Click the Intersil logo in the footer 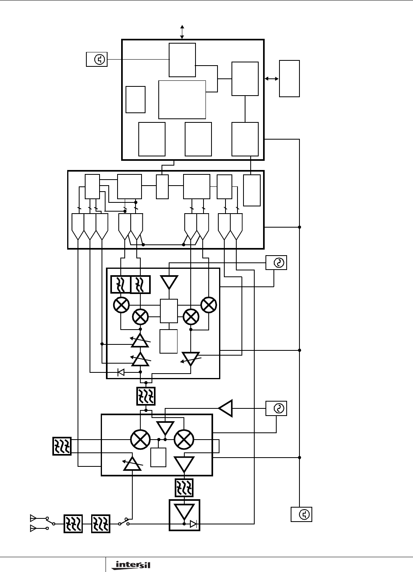click(x=130, y=565)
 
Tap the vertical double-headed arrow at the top click(x=182, y=32)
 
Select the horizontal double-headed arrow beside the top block click(x=272, y=79)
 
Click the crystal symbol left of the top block click(x=97, y=60)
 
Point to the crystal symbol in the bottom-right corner click(x=301, y=514)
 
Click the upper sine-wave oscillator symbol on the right click(x=277, y=263)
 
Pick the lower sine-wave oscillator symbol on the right click(x=277, y=408)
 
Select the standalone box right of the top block click(x=289, y=78)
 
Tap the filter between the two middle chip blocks click(x=146, y=396)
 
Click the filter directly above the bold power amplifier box click(x=184, y=488)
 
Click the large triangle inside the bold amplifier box click(x=184, y=511)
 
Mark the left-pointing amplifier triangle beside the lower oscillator click(x=226, y=408)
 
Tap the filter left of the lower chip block click(x=62, y=446)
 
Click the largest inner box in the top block click(x=182, y=99)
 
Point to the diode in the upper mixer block click(x=121, y=372)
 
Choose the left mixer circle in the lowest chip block click(x=140, y=439)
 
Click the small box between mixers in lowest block click(x=158, y=457)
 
